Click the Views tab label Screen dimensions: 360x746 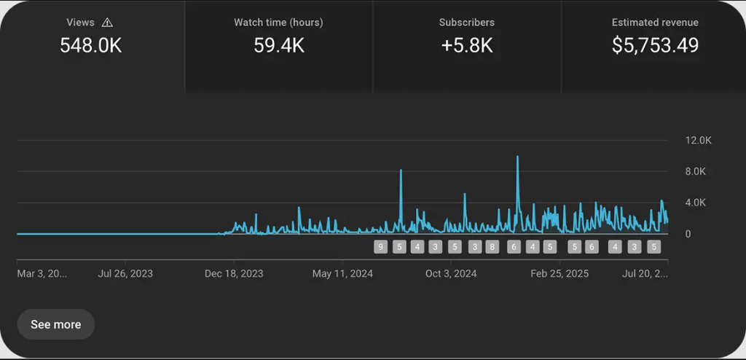click(80, 23)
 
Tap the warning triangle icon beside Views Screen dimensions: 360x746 click(108, 23)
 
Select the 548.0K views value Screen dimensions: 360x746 click(90, 45)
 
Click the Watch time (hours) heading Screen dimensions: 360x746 click(278, 23)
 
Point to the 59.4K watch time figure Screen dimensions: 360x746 click(278, 45)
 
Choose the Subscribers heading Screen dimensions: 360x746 click(466, 23)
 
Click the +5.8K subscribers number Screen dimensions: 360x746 click(466, 45)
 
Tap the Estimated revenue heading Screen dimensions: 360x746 click(654, 23)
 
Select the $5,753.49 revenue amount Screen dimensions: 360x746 click(654, 45)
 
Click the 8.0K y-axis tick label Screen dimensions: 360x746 click(695, 171)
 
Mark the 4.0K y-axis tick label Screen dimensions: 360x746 click(695, 203)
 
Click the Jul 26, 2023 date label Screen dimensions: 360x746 click(125, 274)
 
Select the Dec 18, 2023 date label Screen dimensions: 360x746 click(234, 274)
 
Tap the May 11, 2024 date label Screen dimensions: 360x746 click(342, 274)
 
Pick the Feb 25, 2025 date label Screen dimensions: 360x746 click(559, 274)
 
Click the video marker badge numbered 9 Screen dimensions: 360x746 click(380, 247)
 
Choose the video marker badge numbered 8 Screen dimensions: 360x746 click(492, 247)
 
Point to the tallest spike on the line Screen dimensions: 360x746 click(517, 157)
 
